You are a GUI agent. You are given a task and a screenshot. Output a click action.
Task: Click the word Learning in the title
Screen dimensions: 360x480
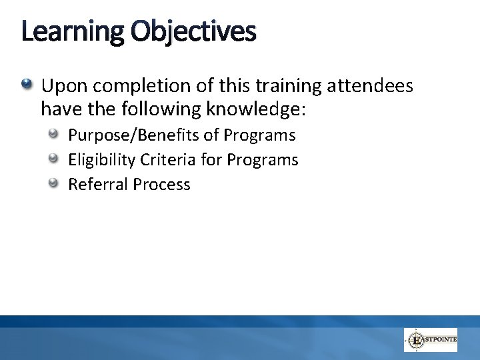click(72, 32)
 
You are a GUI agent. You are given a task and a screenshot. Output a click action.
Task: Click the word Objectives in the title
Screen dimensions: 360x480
click(193, 32)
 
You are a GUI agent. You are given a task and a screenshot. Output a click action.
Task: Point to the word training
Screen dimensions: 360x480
click(257, 86)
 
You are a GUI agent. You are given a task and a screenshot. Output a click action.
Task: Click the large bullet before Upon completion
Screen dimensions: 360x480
click(26, 85)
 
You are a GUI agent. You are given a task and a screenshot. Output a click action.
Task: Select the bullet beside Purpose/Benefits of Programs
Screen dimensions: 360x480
click(54, 135)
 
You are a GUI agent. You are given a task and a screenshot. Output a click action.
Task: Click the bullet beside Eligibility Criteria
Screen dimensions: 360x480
click(54, 159)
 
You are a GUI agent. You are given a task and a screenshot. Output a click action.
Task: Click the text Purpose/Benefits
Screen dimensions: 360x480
click(135, 135)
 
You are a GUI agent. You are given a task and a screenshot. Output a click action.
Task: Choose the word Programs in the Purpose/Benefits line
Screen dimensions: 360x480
click(259, 135)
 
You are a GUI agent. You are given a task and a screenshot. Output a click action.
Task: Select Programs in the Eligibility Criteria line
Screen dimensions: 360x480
click(263, 160)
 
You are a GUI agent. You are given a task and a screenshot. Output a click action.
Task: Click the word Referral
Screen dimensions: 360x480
click(98, 185)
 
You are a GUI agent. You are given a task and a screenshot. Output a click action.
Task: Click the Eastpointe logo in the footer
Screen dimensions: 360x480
click(431, 340)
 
